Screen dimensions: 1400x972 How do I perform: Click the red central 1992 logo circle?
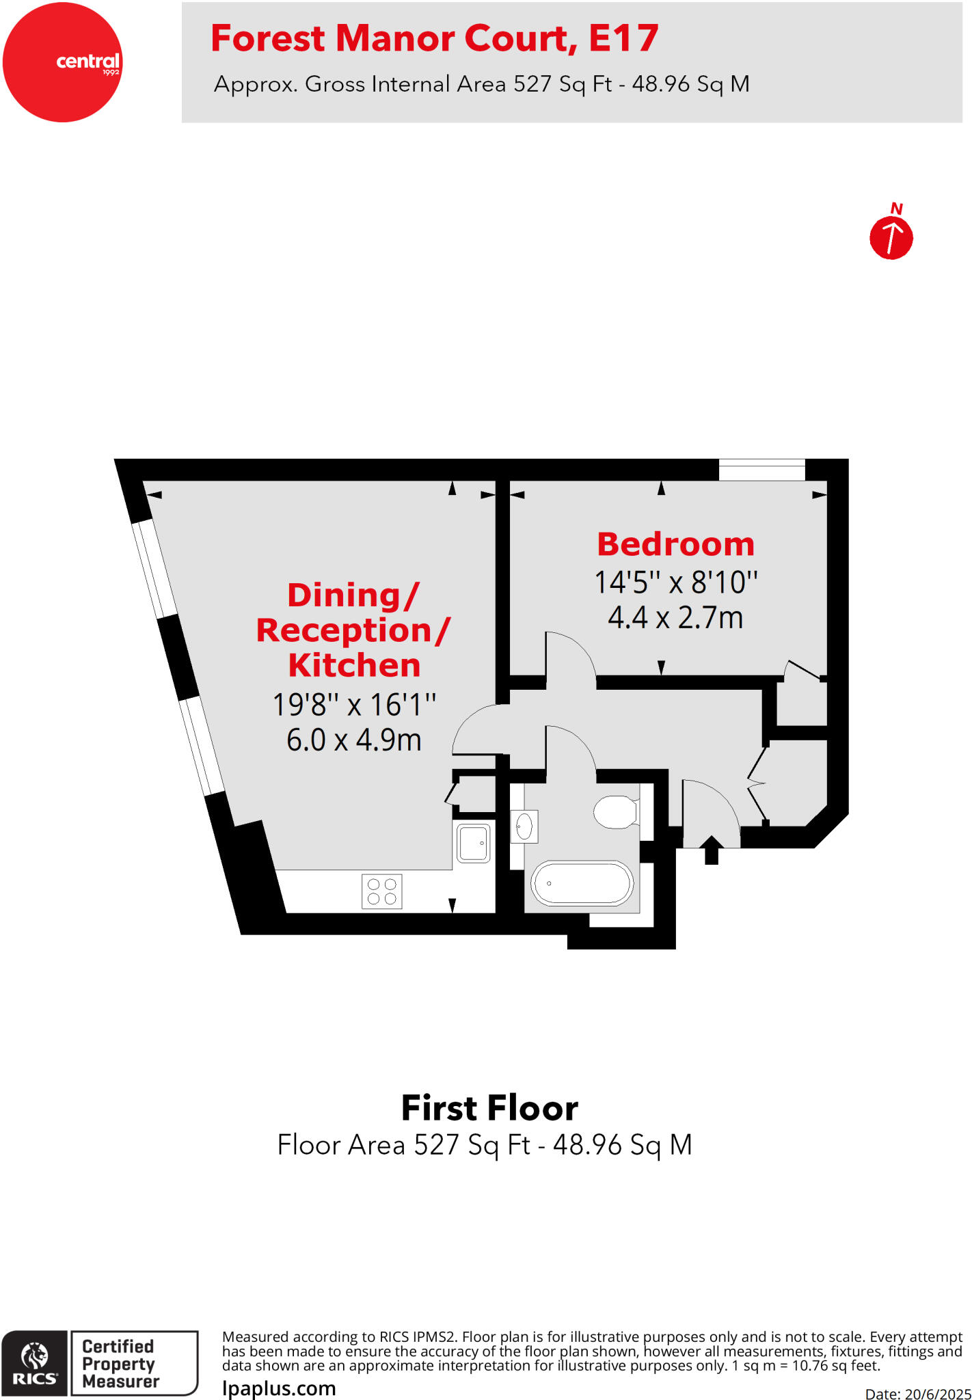[x=62, y=62]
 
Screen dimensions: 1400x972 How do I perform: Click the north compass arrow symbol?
[x=891, y=237]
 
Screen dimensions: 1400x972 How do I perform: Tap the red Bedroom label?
[x=675, y=544]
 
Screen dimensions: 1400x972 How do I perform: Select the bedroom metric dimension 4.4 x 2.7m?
[x=675, y=617]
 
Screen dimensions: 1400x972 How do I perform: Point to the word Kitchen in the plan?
[x=354, y=665]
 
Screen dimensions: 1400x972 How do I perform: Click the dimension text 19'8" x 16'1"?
[x=354, y=705]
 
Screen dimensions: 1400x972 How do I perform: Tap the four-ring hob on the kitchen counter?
[x=381, y=891]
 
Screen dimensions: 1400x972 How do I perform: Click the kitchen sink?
[x=473, y=843]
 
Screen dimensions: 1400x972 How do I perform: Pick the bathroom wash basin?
[x=524, y=826]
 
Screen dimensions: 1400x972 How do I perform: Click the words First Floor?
[x=489, y=1108]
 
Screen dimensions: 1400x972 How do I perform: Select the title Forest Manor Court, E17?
[x=435, y=38]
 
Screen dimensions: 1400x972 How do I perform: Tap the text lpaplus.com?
[x=279, y=1388]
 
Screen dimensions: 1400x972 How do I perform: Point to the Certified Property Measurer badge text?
[x=120, y=1363]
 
